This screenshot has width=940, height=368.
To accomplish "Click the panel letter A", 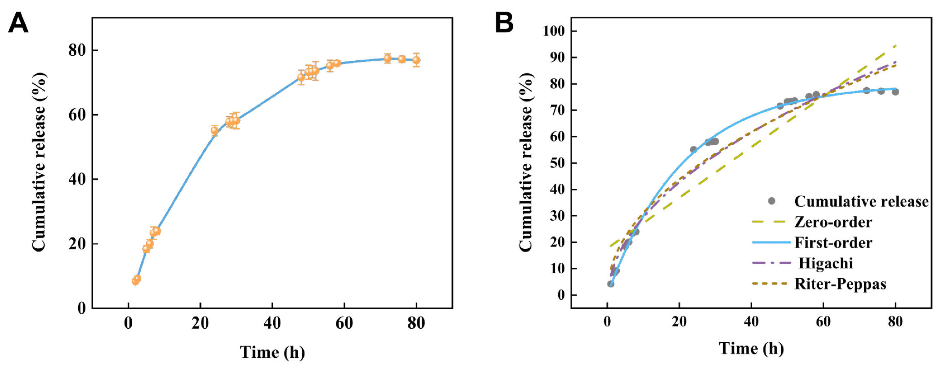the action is pyautogui.click(x=18, y=23).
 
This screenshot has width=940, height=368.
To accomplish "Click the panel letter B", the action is pyautogui.click(x=504, y=23).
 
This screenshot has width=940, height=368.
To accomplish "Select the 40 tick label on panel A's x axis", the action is pyautogui.click(x=272, y=323).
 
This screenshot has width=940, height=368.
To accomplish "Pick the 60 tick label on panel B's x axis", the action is pyautogui.click(x=823, y=322).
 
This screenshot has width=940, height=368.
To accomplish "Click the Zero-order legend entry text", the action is pyautogui.click(x=833, y=222).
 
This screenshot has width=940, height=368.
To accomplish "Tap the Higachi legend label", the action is pyautogui.click(x=826, y=263).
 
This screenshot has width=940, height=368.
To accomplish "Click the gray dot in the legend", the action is pyautogui.click(x=771, y=201).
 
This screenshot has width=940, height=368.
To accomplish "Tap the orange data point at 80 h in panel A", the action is pyautogui.click(x=416, y=60).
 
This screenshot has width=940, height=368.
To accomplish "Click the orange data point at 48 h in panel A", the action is pyautogui.click(x=301, y=77).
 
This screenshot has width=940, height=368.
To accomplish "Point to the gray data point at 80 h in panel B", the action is pyautogui.click(x=895, y=92).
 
